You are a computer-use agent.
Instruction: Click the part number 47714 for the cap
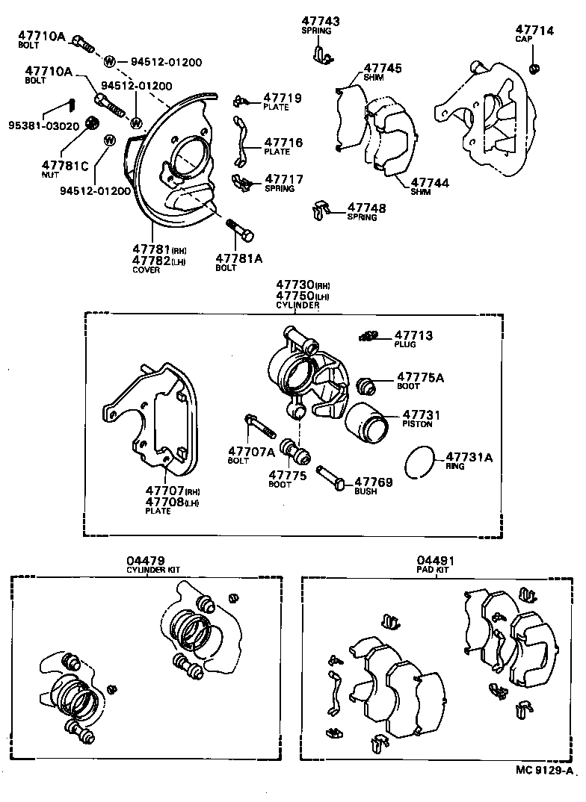click(534, 30)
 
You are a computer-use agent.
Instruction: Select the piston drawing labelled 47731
click(366, 423)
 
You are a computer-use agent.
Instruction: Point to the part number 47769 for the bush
click(373, 482)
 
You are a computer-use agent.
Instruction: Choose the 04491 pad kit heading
click(436, 560)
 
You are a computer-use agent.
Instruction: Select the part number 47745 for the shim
click(383, 68)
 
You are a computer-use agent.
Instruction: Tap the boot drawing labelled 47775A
click(366, 386)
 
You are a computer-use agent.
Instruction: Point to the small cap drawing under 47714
click(534, 69)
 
